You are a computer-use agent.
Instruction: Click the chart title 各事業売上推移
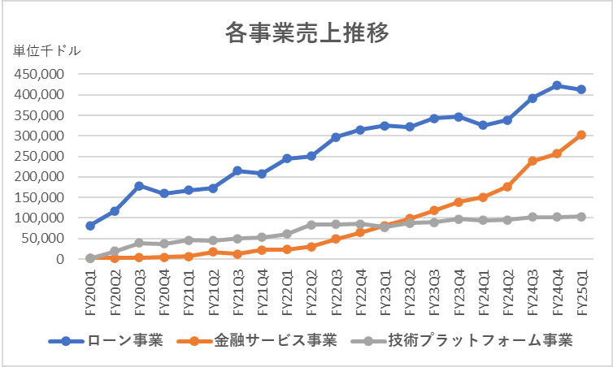(306, 32)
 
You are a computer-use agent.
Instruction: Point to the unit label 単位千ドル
(46, 51)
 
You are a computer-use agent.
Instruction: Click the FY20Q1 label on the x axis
(90, 291)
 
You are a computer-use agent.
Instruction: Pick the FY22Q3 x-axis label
(336, 291)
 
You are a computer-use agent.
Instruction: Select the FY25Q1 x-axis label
(581, 291)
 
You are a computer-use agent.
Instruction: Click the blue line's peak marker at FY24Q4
(557, 85)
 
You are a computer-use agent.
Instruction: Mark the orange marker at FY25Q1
(581, 135)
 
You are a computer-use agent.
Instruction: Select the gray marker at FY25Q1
(581, 216)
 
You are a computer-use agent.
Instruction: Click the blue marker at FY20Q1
(90, 226)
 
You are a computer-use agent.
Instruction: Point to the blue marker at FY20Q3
(139, 186)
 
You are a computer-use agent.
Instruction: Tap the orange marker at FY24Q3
(533, 161)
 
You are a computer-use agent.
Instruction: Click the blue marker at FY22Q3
(336, 137)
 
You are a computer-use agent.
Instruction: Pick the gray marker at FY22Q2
(311, 224)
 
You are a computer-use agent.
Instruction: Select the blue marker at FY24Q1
(483, 125)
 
